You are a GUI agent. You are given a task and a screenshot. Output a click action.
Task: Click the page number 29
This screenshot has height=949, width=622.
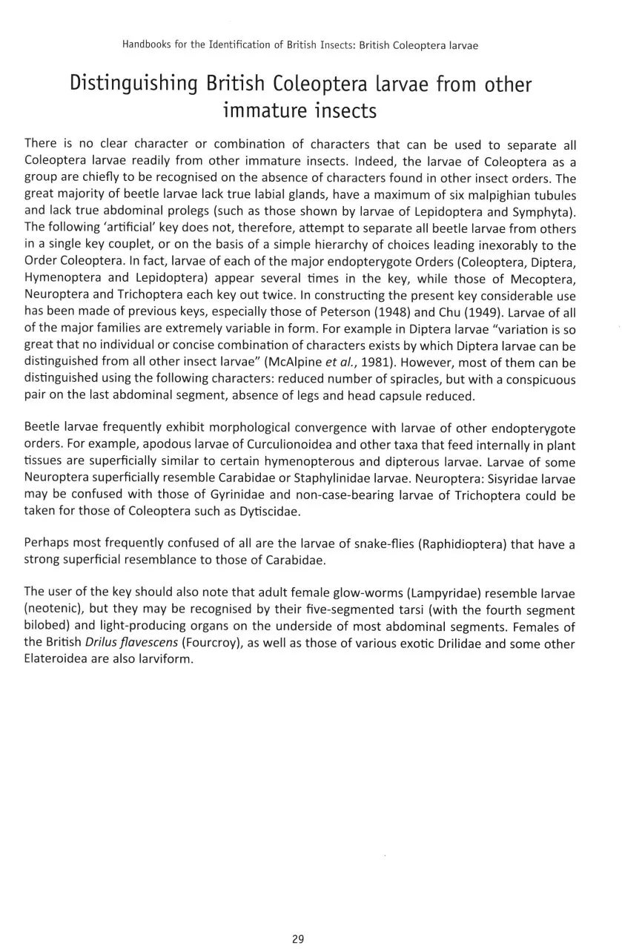pyautogui.click(x=298, y=939)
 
